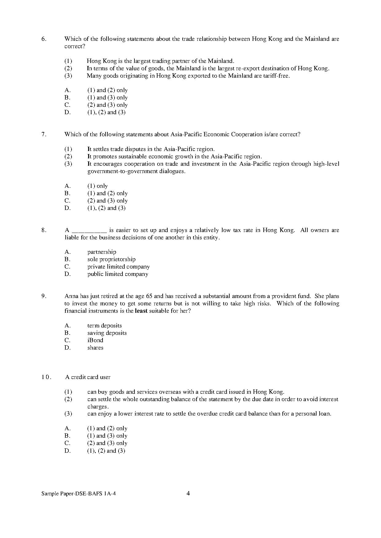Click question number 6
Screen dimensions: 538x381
[x=44, y=39]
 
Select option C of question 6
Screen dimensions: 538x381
[x=107, y=105]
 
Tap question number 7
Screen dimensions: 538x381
[x=44, y=134]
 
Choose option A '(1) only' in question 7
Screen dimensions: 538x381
[x=97, y=186]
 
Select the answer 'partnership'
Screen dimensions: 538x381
[x=102, y=252]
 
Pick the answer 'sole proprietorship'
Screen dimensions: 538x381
[x=111, y=259]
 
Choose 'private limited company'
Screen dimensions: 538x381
[x=118, y=267]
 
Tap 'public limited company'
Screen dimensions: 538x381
[x=118, y=274]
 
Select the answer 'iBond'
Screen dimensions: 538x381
[x=95, y=340]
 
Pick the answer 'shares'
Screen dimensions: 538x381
[x=95, y=348]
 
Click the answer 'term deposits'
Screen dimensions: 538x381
[x=104, y=326]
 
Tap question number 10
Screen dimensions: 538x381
[x=46, y=377]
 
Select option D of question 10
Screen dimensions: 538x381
[x=106, y=451]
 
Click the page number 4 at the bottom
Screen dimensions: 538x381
[x=188, y=493]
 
